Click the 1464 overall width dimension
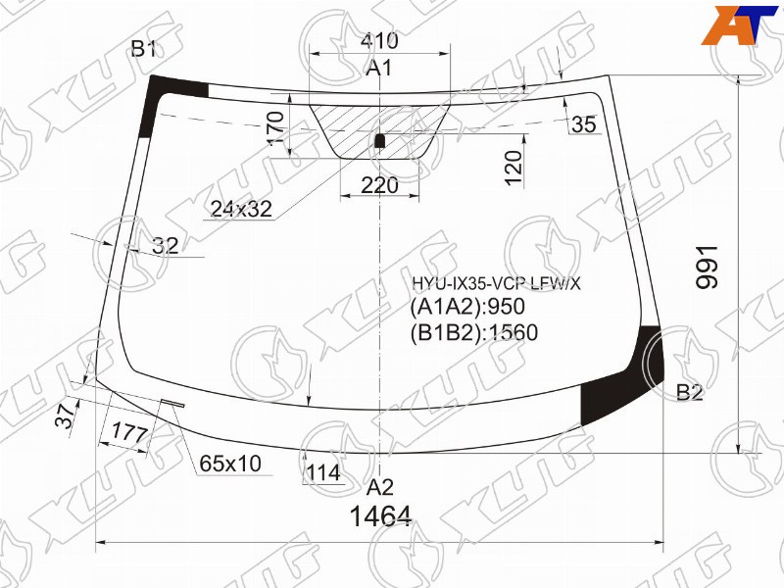point(380,516)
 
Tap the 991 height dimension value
point(707,267)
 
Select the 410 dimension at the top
point(379,40)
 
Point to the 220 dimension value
point(379,185)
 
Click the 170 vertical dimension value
point(275,128)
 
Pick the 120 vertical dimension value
point(513,168)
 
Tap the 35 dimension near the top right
point(583,124)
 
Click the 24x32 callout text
point(241,209)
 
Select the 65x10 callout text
point(230,464)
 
